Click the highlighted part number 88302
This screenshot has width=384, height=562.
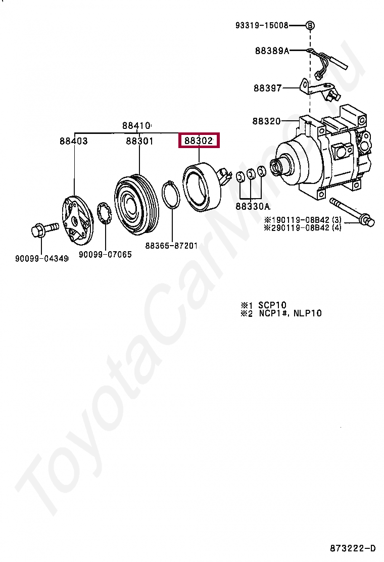199,140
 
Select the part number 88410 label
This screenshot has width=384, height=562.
136,126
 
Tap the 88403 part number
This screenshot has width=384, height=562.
73,141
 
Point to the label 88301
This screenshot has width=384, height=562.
139,141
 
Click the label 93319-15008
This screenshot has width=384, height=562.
262,25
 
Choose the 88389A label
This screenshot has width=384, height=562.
272,51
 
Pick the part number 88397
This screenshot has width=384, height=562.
267,88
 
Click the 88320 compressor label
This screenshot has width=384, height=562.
266,121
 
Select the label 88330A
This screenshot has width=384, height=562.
253,206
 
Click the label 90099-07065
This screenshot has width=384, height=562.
105,255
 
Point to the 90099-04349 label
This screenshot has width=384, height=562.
41,259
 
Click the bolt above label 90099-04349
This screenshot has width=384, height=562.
41,232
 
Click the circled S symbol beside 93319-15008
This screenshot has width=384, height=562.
310,25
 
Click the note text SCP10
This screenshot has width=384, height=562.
272,305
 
